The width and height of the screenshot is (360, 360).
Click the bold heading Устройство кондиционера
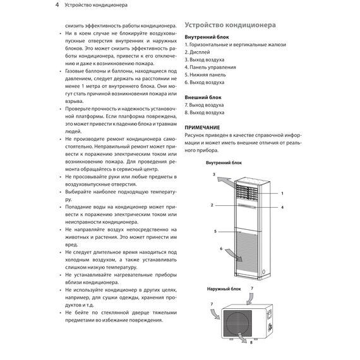point(229,26)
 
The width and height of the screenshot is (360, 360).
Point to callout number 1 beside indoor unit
point(282,193)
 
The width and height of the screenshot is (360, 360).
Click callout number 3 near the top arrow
point(214,173)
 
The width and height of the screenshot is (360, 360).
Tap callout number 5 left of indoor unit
point(215,232)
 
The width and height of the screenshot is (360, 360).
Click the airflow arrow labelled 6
point(231,255)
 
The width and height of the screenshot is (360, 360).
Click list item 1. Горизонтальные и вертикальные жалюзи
point(236,45)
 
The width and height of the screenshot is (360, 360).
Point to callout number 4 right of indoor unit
point(282,207)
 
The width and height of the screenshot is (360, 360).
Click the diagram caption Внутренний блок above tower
point(224,162)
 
